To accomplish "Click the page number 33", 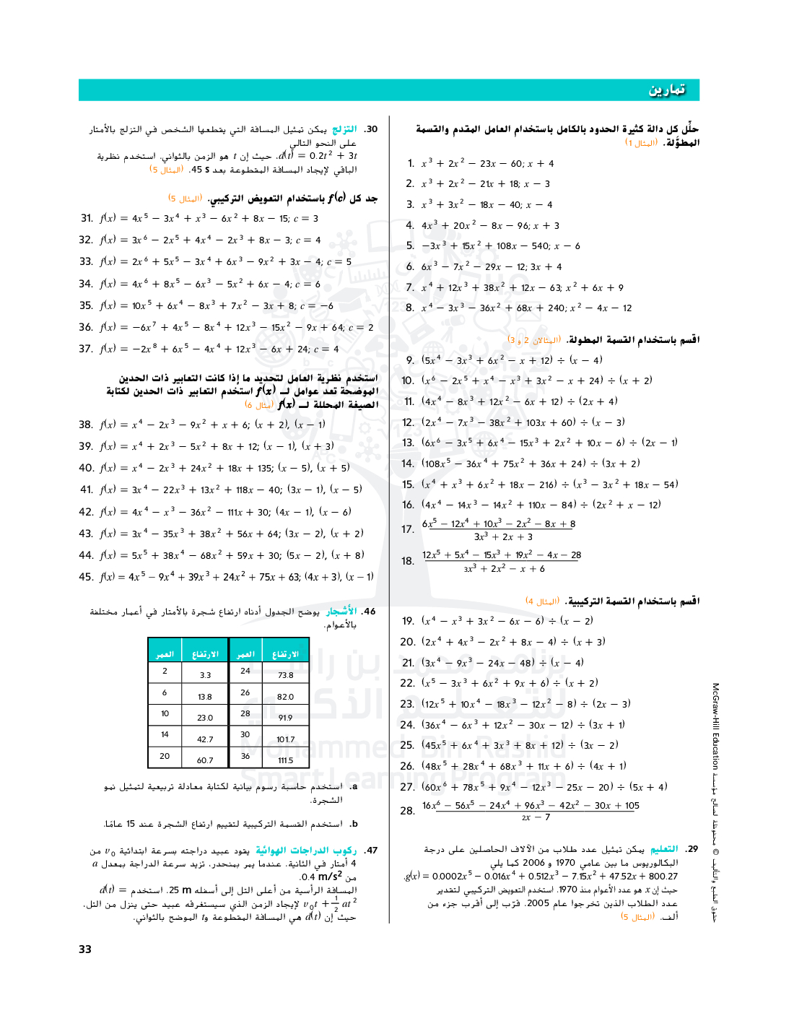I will (x=85, y=949).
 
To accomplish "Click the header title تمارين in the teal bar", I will (x=666, y=90).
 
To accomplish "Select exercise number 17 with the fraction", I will (x=408, y=529).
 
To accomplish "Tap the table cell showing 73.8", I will (x=286, y=675).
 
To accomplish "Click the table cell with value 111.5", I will (x=286, y=760).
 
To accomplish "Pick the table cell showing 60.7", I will (x=205, y=760).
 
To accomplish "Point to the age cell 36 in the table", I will (x=245, y=756).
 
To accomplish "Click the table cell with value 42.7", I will (x=205, y=739).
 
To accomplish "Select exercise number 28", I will (x=408, y=811).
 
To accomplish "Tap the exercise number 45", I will (x=86, y=576).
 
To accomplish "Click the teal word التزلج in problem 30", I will (x=344, y=129).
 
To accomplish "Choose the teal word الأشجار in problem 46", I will (x=341, y=612).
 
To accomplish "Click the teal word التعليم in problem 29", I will (x=664, y=849).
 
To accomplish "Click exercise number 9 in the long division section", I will (x=410, y=360).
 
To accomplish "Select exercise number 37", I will (x=86, y=349).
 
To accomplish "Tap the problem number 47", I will (x=371, y=851).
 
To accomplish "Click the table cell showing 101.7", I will (x=286, y=739).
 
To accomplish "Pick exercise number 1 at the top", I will (x=411, y=163).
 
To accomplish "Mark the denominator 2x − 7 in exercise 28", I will (x=536, y=817).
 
